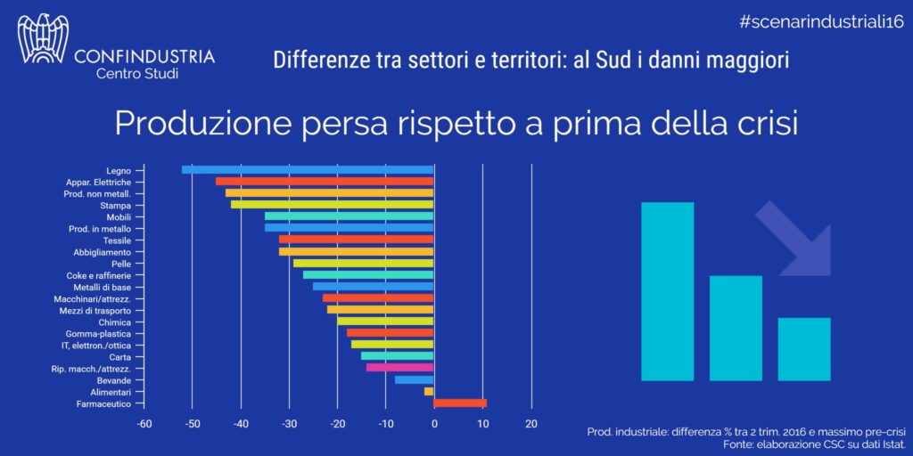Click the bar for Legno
pos(308,169)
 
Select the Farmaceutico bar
pos(460,403)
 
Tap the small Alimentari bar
pos(429,391)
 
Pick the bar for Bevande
pos(414,379)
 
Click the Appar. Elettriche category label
pos(99,182)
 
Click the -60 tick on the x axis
pos(143,424)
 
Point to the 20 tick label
pos(531,424)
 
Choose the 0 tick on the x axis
pos(434,424)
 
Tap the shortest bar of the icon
pos(803,348)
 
